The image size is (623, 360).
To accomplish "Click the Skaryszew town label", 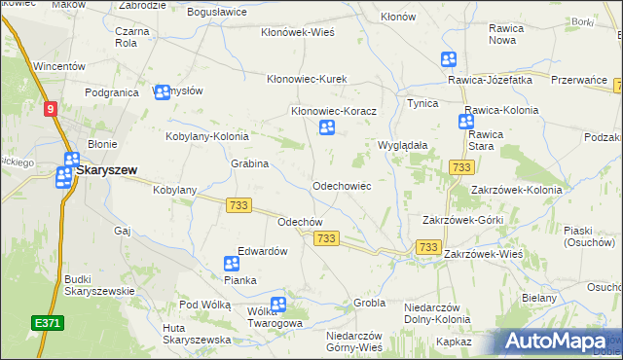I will point(107,168).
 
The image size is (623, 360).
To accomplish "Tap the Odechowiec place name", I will point(341,185).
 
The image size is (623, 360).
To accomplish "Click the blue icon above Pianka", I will point(232,264).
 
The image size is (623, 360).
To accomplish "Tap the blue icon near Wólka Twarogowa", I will point(278,305).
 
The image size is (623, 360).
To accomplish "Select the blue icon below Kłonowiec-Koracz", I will point(328,127).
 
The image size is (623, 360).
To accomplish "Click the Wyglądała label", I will point(403,144).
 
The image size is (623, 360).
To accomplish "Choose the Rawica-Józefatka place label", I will point(490,79).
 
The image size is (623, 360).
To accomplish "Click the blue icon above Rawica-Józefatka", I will point(448,59).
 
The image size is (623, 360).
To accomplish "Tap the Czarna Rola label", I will point(131,37).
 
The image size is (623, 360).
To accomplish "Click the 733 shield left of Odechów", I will point(238,205).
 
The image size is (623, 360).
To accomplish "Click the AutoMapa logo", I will point(559,342).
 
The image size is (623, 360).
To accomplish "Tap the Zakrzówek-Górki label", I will point(462,220).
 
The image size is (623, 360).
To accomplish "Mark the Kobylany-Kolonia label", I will point(207,137).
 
